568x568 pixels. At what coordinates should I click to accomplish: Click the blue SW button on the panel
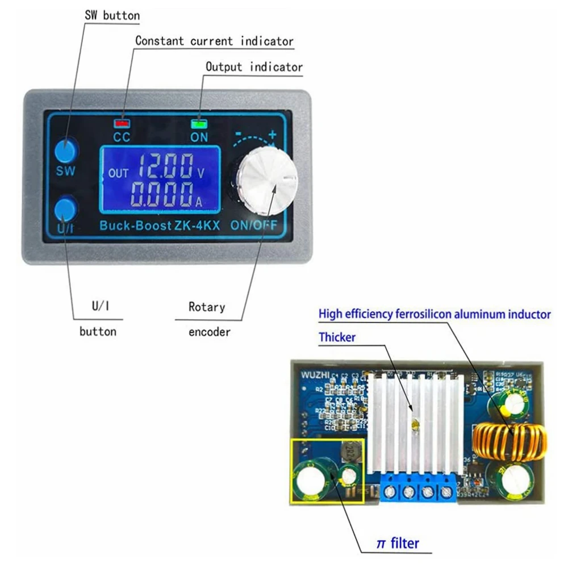point(66,149)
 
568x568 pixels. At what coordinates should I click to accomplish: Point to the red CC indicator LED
point(121,122)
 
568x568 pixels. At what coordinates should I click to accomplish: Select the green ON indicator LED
point(199,122)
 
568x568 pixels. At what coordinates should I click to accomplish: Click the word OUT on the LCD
point(119,173)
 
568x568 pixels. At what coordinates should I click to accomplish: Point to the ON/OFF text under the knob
point(254,225)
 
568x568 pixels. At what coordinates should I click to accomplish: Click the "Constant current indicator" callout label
point(214,41)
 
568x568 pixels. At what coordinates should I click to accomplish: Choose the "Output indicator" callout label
point(254,67)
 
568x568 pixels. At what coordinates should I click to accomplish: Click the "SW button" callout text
point(112,15)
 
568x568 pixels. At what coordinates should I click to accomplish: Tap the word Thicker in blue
point(337,337)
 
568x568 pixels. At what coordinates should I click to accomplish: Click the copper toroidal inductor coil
point(509,442)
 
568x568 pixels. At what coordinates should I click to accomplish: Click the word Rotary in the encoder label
point(207,307)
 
